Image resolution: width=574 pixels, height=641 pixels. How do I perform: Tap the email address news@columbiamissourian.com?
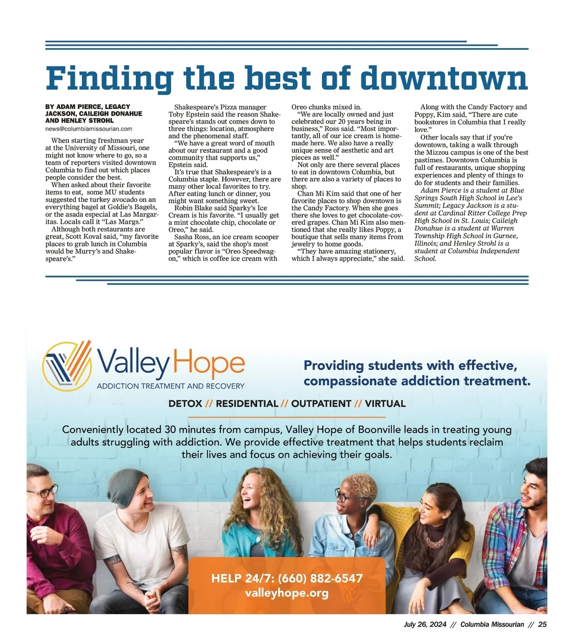[x=89, y=129]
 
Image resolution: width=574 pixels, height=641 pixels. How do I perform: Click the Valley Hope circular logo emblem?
[x=67, y=366]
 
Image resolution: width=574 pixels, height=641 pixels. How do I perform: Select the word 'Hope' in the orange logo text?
[x=209, y=365]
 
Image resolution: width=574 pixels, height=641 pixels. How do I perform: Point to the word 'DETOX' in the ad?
[x=185, y=404]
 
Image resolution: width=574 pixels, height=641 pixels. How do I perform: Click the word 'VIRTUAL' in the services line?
[x=385, y=404]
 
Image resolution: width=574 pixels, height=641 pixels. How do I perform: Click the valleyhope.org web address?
[x=287, y=593]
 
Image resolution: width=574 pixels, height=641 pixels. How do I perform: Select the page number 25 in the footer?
[x=542, y=624]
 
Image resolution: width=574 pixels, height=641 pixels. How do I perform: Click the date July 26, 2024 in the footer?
[x=425, y=624]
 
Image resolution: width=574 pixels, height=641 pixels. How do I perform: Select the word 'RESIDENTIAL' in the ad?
[x=247, y=404]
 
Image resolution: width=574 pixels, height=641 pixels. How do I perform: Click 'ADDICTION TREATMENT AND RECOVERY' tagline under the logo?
[x=170, y=386]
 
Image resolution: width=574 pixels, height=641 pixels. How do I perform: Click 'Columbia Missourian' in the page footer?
[x=492, y=624]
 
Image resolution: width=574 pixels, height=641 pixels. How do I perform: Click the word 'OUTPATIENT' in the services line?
[x=321, y=404]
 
